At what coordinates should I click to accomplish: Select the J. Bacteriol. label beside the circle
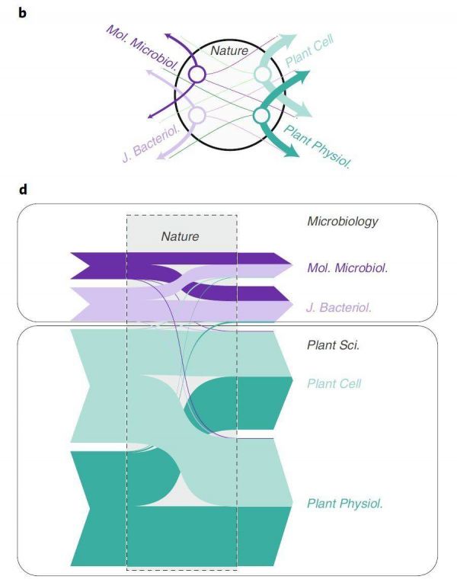pyautogui.click(x=149, y=140)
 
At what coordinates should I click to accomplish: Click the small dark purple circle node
pyautogui.click(x=197, y=74)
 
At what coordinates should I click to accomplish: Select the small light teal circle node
pyautogui.click(x=263, y=74)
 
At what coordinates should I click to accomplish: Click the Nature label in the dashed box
pyautogui.click(x=180, y=237)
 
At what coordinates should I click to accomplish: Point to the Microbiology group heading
pyautogui.click(x=343, y=222)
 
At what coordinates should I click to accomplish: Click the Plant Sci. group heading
pyautogui.click(x=334, y=345)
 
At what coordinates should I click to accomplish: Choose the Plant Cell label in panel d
pyautogui.click(x=334, y=384)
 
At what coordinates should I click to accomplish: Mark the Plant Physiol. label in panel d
pyautogui.click(x=344, y=504)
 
